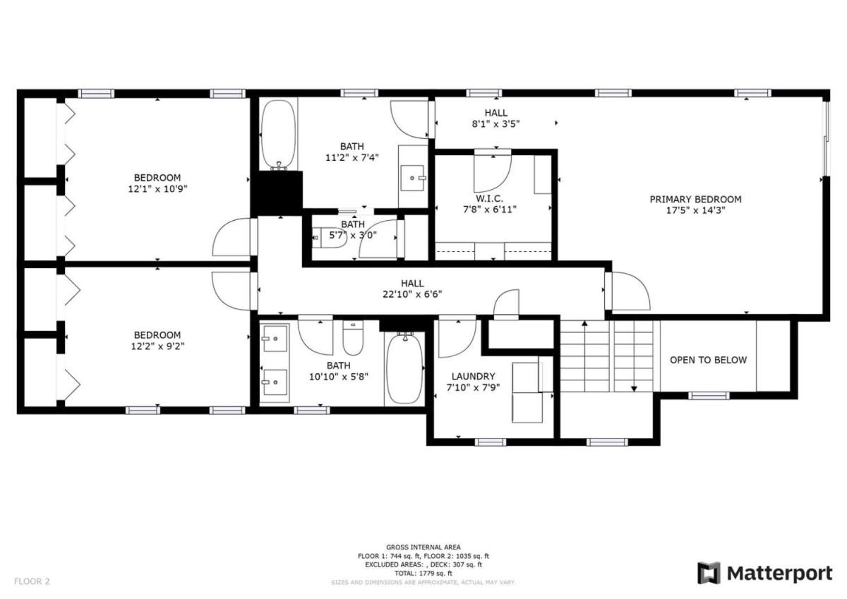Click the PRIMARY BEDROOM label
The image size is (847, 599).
click(x=695, y=199)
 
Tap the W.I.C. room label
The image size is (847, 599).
click(x=489, y=198)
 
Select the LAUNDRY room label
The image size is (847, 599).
click(x=473, y=377)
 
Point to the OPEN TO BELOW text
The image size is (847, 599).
click(x=708, y=360)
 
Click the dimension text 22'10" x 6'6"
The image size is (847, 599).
click(x=412, y=294)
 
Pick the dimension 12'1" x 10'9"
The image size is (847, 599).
click(x=157, y=188)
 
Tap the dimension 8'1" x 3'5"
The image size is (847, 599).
click(x=495, y=123)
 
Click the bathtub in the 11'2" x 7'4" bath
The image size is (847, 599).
click(x=279, y=134)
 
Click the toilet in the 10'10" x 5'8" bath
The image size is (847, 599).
click(x=353, y=337)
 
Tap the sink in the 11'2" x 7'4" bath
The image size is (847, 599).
click(x=412, y=178)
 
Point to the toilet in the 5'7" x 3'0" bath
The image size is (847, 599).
click(x=328, y=237)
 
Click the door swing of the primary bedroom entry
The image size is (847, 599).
click(x=632, y=291)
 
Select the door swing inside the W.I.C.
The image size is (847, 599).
click(x=493, y=174)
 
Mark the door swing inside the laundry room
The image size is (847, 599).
click(x=457, y=339)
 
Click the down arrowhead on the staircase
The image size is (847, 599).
click(x=634, y=389)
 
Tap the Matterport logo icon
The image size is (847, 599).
click(x=708, y=574)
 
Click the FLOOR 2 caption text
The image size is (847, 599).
click(x=32, y=581)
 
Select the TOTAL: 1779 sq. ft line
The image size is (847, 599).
click(x=423, y=573)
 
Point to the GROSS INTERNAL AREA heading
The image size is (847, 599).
click(x=423, y=547)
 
